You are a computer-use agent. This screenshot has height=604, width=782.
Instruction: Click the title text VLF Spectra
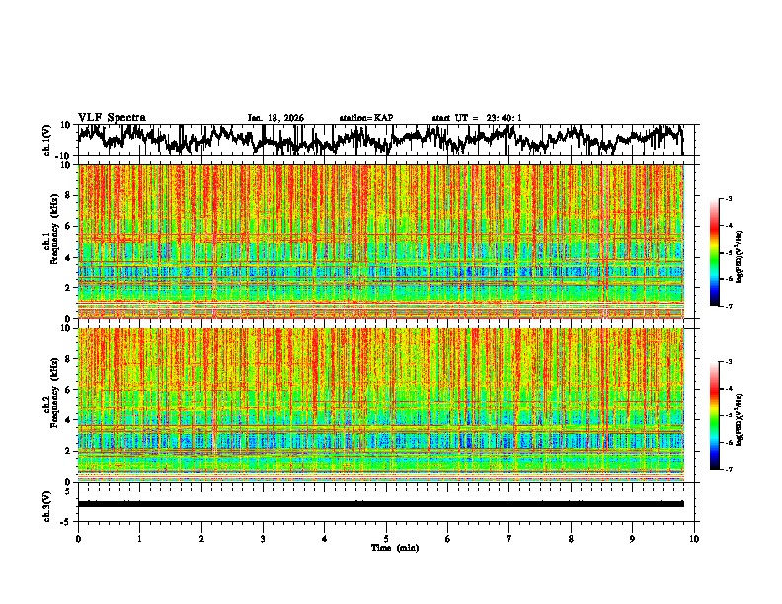click(112, 117)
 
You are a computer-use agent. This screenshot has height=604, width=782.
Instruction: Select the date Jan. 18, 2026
click(275, 118)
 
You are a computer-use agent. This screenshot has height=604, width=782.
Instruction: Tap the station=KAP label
click(366, 118)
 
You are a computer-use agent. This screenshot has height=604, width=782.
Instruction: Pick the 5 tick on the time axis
click(386, 538)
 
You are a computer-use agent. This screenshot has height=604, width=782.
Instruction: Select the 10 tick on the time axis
click(694, 538)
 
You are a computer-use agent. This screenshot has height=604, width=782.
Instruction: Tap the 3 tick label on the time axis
click(263, 538)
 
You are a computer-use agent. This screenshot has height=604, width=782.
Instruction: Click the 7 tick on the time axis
click(509, 538)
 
